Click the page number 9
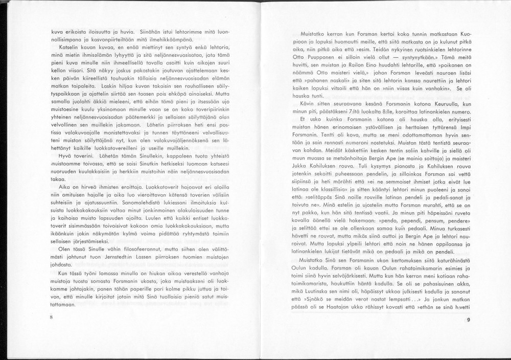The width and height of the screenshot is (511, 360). coord(468,320)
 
